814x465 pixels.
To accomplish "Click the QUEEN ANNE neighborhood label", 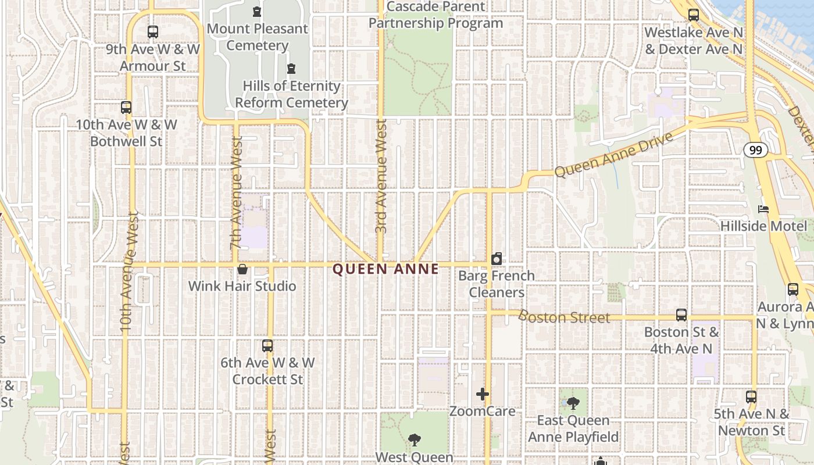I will (386, 269).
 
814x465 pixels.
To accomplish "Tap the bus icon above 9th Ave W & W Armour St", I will (152, 32).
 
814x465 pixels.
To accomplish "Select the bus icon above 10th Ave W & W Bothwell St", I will (126, 107).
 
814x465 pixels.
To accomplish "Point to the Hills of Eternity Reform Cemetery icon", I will (291, 69).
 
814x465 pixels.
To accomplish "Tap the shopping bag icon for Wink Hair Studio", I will (242, 269).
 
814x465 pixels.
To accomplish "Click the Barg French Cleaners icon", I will (497, 259).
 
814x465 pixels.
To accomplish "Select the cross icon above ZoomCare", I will (483, 395).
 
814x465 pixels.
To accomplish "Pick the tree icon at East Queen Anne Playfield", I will (573, 403).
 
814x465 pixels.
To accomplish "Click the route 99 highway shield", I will (755, 151).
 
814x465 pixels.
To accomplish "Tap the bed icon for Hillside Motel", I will (763, 209).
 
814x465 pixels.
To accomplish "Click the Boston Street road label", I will (563, 317).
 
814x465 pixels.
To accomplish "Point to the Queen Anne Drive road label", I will (613, 155).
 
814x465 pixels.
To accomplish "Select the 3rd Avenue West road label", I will (381, 176).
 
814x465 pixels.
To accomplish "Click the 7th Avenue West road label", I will (236, 192).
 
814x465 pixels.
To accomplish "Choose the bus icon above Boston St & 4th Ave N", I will (681, 315).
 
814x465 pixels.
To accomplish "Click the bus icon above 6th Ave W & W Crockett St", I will (267, 346).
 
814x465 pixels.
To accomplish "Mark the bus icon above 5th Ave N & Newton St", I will (751, 397).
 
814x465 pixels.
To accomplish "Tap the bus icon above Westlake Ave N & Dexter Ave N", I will (693, 15).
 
